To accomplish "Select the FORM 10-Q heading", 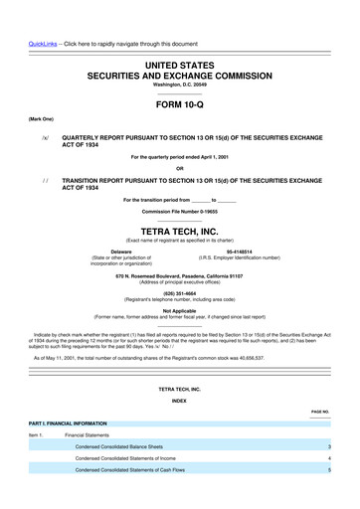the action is pos(179,102).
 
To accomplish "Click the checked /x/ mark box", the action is pos(45,140).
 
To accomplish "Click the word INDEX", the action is pos(179,427).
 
